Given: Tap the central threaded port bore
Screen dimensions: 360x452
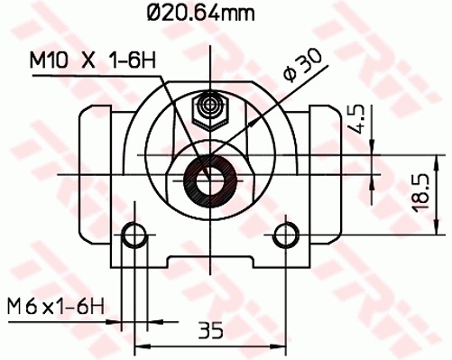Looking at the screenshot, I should coord(210,176).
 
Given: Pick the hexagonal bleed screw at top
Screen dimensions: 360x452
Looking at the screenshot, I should coord(210,109).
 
